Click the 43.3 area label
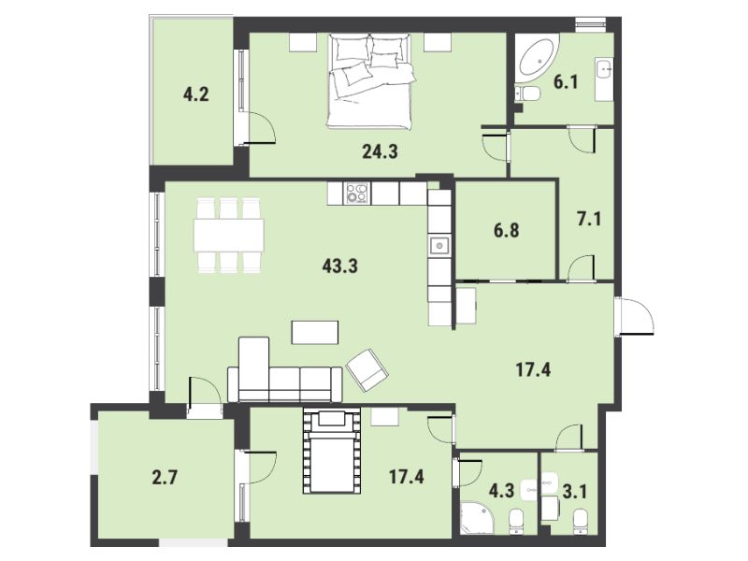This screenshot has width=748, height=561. tap(339, 266)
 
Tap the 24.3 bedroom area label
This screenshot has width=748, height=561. tap(380, 151)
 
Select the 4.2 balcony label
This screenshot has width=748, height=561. tap(196, 94)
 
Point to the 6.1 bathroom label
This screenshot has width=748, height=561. tap(566, 82)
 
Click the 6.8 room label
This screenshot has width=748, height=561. tap(506, 231)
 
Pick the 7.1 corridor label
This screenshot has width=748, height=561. tap(589, 219)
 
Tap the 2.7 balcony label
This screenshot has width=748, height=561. tap(165, 477)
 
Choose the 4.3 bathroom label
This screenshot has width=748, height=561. tap(501, 490)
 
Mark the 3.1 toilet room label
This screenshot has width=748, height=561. tap(574, 492)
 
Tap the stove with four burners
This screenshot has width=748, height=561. tap(358, 194)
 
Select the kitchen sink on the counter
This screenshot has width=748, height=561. tap(439, 246)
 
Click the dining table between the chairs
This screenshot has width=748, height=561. tap(229, 236)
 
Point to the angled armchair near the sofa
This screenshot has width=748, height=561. tap(367, 369)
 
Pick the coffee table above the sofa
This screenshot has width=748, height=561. tap(315, 333)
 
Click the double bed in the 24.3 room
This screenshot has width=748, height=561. tap(369, 81)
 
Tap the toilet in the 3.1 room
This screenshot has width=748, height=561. tap(580, 521)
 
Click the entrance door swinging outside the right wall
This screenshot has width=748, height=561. tap(635, 316)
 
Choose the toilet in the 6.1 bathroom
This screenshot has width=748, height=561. tap(527, 93)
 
